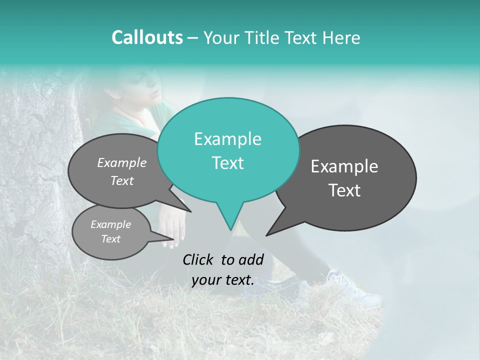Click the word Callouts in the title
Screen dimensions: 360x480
tap(147, 37)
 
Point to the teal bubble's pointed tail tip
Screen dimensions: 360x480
tap(230, 229)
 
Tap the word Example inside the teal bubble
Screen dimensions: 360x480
tap(227, 139)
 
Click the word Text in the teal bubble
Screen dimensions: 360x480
tap(227, 163)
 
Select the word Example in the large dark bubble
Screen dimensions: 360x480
tap(344, 166)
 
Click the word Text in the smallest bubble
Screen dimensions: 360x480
tap(111, 239)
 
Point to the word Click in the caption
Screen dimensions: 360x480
tap(198, 259)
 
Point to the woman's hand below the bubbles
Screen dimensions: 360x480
tap(173, 230)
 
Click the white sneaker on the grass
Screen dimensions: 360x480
tap(357, 292)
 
